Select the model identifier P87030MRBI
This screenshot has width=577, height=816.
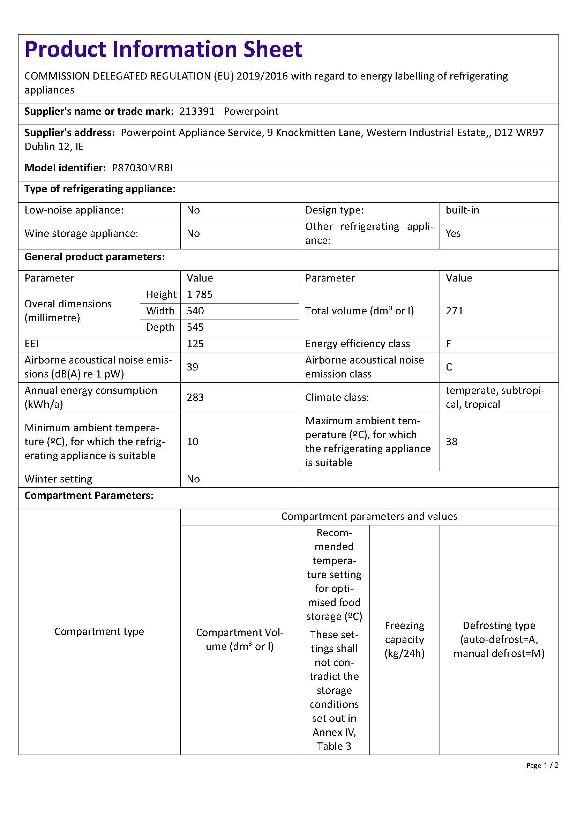142,168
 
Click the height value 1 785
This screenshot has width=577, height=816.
199,295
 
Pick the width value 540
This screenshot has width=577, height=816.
195,311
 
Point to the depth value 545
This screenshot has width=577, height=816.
195,327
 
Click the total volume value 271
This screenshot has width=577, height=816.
455,311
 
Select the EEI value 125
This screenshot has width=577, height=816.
195,344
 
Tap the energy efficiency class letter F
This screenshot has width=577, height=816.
448,344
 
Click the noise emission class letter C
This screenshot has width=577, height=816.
449,367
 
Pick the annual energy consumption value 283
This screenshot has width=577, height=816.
195,397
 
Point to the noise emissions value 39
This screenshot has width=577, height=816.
193,367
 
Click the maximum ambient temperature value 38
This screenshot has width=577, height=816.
451,442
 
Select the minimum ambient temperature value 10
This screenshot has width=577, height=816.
193,442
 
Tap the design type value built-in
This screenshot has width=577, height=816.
462,210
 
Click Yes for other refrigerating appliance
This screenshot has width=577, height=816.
453,233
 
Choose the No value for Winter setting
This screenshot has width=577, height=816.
193,479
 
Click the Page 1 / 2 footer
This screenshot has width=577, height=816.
542,765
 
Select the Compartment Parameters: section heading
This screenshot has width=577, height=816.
89,495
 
